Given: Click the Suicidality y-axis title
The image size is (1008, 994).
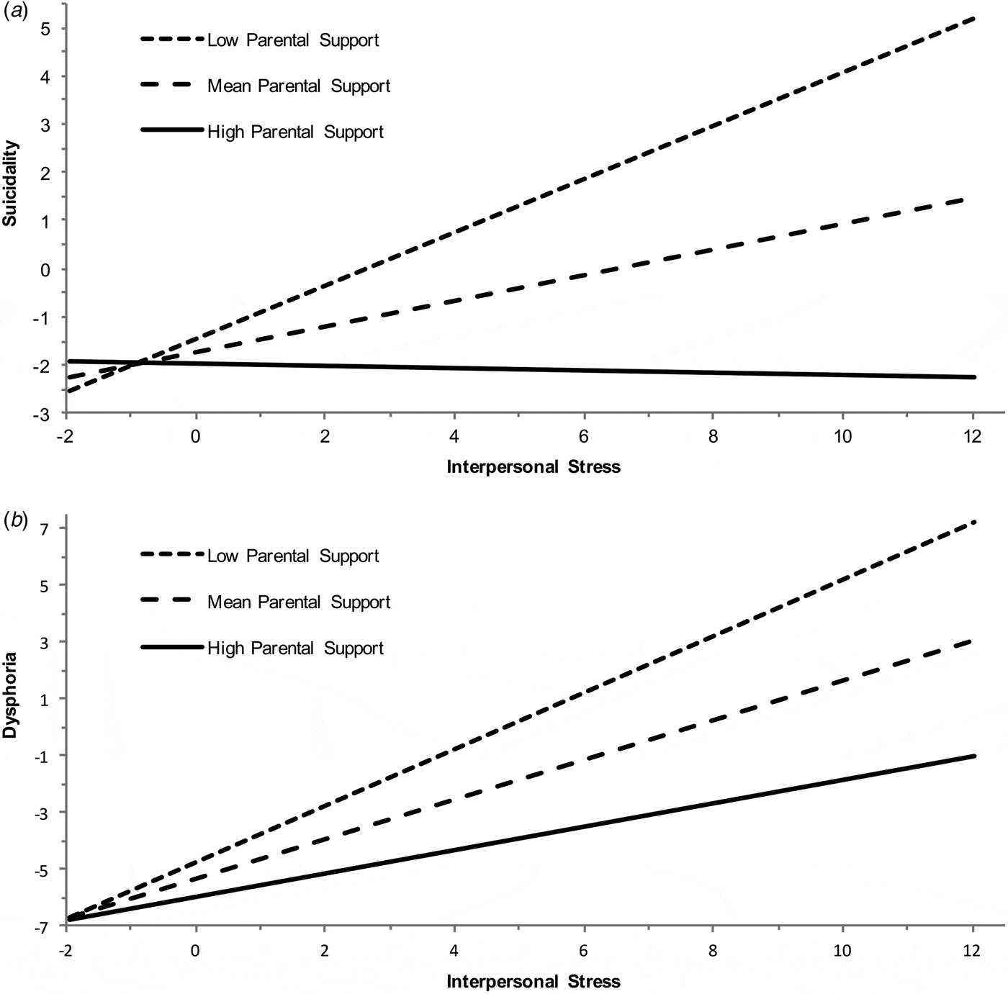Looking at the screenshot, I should click(x=10, y=184).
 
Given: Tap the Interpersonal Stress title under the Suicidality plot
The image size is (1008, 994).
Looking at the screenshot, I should click(x=534, y=467).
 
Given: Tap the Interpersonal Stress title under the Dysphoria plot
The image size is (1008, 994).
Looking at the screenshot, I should click(x=534, y=981).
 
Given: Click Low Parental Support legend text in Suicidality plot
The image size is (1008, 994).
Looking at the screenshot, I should click(x=293, y=40).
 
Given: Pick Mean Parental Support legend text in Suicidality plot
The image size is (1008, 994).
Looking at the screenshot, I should click(x=299, y=86).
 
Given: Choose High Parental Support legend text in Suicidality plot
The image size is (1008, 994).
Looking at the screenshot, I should click(x=295, y=132).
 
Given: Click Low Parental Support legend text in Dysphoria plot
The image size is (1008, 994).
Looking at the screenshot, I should click(x=293, y=556).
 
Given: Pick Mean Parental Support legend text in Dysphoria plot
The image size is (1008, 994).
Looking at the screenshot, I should click(x=299, y=602).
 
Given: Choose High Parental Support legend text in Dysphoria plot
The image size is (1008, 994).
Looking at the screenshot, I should click(x=295, y=649).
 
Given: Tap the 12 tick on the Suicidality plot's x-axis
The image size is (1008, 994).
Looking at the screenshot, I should click(x=973, y=437).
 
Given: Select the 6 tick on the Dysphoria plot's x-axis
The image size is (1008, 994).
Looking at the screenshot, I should click(x=584, y=950).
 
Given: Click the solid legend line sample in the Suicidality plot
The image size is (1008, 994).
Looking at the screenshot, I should click(x=172, y=130).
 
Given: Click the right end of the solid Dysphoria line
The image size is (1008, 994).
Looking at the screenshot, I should click(x=973, y=756).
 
